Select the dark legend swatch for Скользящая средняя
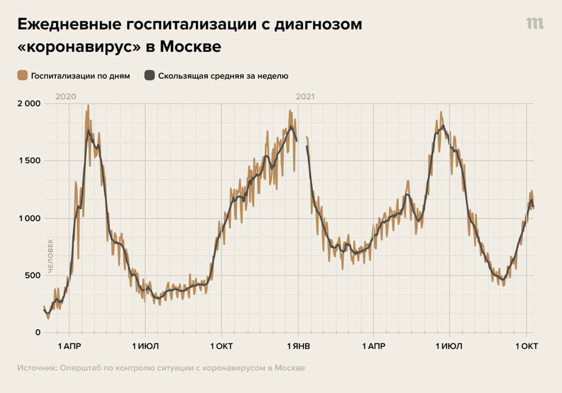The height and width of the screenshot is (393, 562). [150, 75]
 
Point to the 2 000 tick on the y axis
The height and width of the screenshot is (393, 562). [29, 104]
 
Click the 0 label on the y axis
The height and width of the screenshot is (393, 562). [38, 333]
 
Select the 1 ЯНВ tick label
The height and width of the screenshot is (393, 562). [298, 347]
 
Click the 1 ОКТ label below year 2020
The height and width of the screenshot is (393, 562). [221, 347]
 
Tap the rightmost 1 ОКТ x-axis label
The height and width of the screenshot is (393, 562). [526, 347]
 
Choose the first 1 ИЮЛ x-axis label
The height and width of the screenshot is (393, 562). [145, 347]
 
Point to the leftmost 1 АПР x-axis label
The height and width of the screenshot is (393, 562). [69, 347]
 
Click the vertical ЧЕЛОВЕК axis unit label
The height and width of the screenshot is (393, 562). [50, 256]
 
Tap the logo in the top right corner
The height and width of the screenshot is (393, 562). [535, 24]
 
